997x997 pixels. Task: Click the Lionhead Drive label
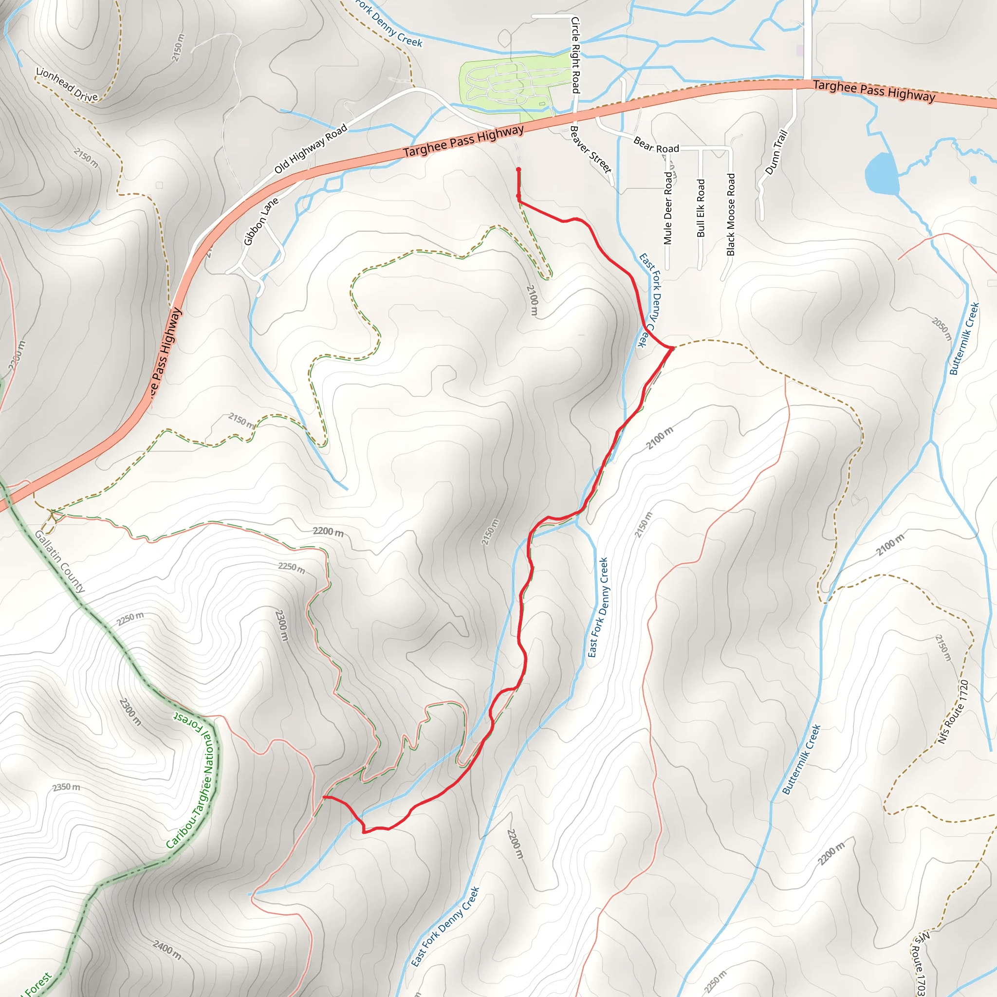coord(67,85)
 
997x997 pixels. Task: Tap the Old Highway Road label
coord(311,149)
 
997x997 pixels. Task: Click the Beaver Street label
coord(591,149)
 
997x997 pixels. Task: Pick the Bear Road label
coord(656,145)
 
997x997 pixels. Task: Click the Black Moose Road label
coord(731,215)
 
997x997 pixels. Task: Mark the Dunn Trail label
coord(776,152)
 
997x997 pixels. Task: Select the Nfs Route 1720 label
coord(953,713)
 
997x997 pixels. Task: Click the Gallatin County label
coord(59,561)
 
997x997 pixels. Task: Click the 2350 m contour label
coord(67,788)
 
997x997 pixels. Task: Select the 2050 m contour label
coord(942,329)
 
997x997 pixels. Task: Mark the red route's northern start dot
coord(518,169)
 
